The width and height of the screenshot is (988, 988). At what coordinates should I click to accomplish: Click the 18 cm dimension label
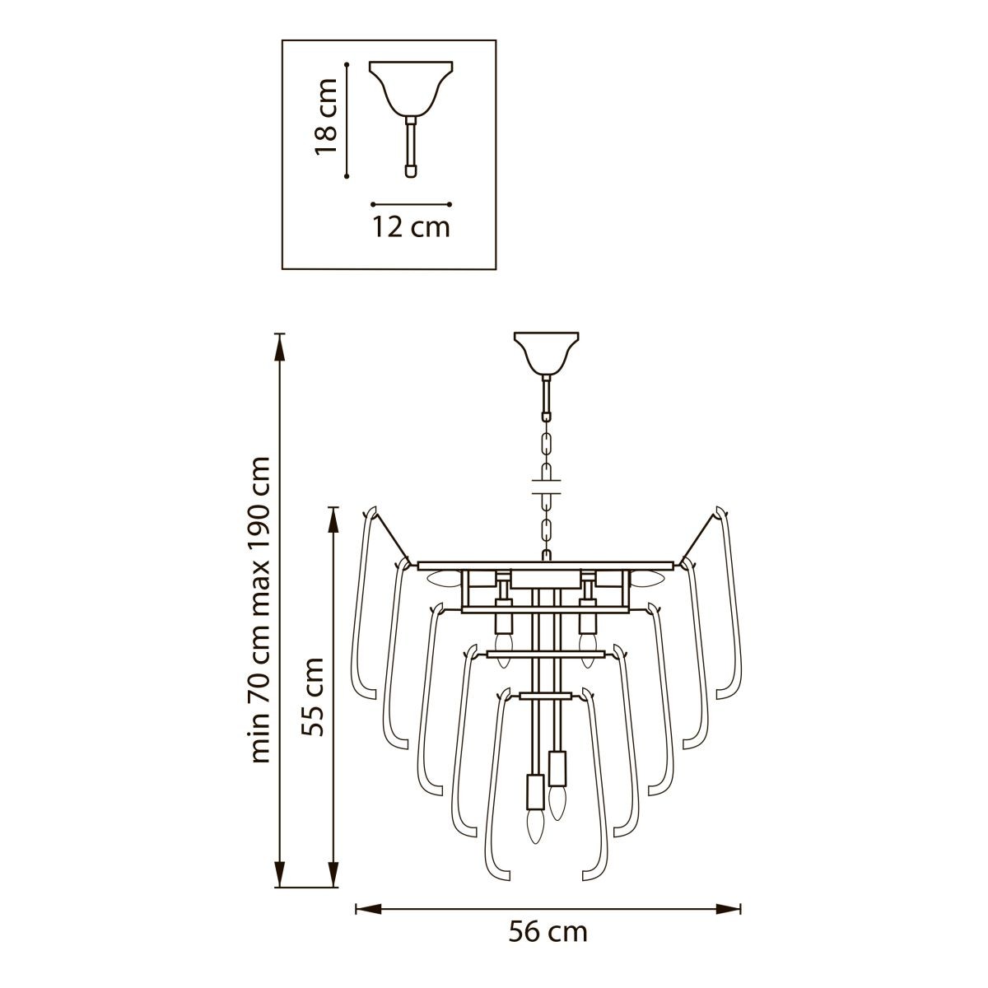pyautogui.click(x=326, y=116)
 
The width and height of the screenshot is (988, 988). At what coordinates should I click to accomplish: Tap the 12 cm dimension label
pyautogui.click(x=411, y=227)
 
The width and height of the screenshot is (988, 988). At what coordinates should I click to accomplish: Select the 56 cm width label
pyautogui.click(x=548, y=946)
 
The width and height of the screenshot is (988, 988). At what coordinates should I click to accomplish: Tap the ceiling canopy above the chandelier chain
pyautogui.click(x=547, y=352)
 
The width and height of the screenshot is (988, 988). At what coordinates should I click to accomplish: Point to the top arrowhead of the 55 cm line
pyautogui.click(x=333, y=520)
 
